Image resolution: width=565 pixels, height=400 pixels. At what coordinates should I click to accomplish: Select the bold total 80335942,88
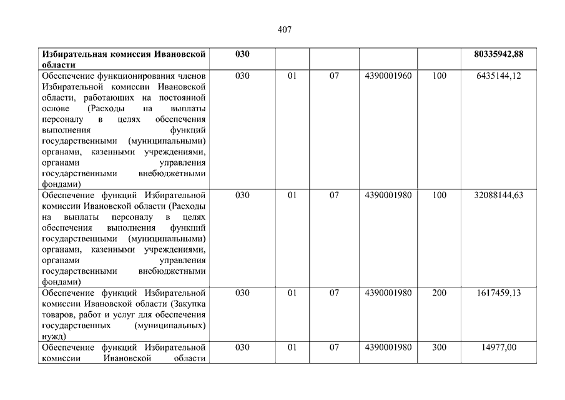click(x=498, y=54)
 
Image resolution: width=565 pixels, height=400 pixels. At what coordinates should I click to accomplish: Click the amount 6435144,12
click(x=498, y=76)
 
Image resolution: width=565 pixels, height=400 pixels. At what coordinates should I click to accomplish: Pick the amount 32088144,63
click(x=498, y=195)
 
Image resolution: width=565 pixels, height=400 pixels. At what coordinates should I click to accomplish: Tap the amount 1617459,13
click(x=498, y=292)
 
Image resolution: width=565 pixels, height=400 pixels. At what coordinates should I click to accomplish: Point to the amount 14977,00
click(x=498, y=347)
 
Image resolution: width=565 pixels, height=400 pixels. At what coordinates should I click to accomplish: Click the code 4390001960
click(x=388, y=76)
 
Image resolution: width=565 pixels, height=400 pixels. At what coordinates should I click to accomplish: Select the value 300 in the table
click(x=440, y=347)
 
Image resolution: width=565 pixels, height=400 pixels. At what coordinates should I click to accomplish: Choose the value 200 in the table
click(x=440, y=292)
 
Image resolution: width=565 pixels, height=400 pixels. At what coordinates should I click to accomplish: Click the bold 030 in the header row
click(x=242, y=54)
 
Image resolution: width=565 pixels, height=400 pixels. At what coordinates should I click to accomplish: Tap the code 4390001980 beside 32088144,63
click(x=388, y=195)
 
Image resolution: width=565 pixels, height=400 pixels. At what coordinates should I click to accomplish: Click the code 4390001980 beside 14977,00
click(x=388, y=347)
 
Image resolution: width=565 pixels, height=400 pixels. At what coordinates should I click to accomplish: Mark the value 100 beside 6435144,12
click(x=440, y=76)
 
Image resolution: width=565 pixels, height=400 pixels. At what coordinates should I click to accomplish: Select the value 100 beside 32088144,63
click(x=440, y=195)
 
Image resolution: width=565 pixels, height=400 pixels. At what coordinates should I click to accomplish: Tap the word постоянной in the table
click(x=183, y=97)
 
